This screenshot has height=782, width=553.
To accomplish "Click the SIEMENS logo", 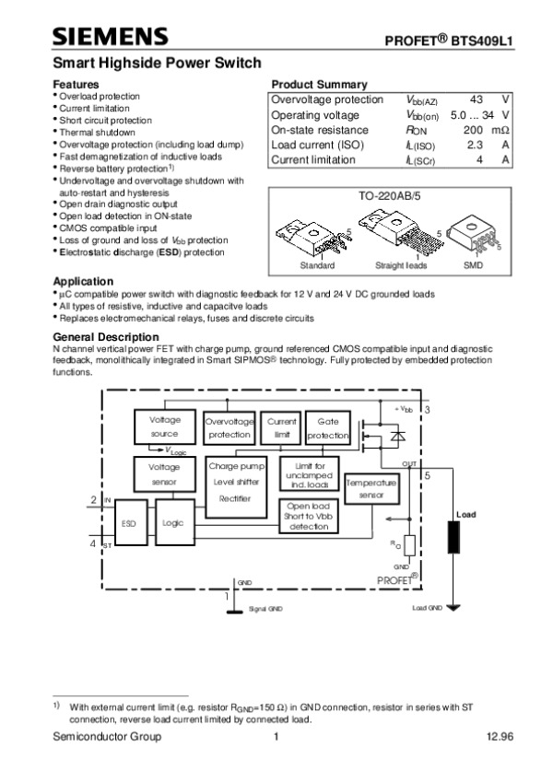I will [x=110, y=36].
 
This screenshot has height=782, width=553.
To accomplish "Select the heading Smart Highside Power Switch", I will [x=156, y=63].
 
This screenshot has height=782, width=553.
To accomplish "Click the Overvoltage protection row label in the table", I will [x=327, y=99].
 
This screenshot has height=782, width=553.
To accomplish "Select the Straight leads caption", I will [x=402, y=265].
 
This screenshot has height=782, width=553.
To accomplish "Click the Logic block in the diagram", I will [x=173, y=522].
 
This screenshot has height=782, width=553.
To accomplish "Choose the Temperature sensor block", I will [x=371, y=488].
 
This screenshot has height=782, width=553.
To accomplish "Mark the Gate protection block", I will [x=328, y=426].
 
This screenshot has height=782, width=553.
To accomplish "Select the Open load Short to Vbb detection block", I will [x=309, y=516].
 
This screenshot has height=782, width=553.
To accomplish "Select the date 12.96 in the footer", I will [x=500, y=737].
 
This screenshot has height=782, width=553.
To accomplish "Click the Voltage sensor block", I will [x=164, y=474].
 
